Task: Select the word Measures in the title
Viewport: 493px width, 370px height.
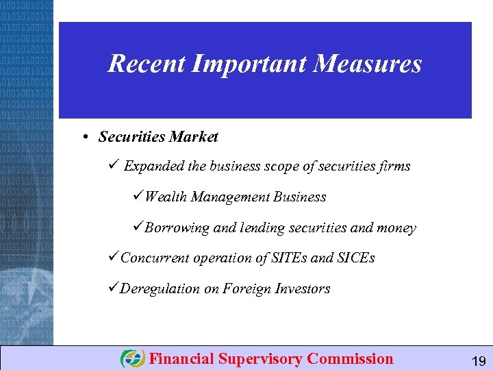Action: pos(369,64)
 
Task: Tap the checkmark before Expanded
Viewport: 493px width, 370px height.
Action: pos(114,166)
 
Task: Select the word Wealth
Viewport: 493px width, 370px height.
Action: pos(166,197)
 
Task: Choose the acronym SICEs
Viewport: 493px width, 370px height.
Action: pos(356,258)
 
